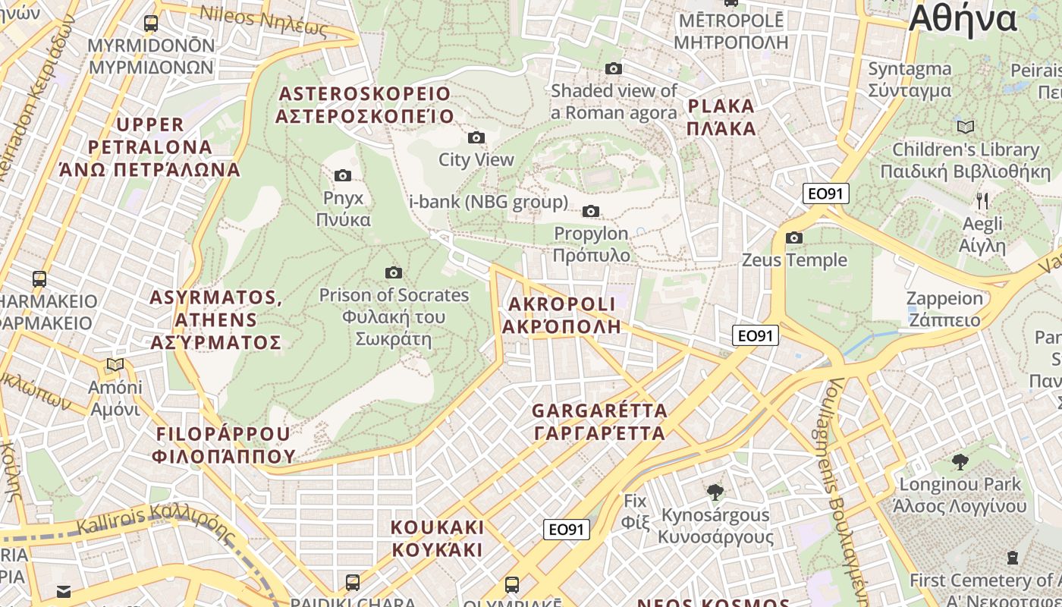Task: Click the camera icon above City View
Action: [x=476, y=137]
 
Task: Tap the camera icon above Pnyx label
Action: [x=343, y=175]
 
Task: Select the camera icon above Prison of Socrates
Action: [x=393, y=272]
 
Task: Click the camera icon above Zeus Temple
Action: [x=794, y=237]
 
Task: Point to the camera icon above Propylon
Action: [x=591, y=211]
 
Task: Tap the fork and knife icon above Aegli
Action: [x=982, y=200]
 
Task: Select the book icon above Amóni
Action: [x=115, y=365]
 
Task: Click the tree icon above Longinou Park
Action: [x=960, y=461]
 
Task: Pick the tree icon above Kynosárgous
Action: [x=715, y=492]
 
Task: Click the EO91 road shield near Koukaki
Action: [x=567, y=530]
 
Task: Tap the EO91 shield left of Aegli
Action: [x=826, y=193]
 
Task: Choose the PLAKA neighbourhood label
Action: [x=721, y=117]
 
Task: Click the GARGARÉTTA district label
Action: [x=599, y=422]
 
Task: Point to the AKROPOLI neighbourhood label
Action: [x=561, y=315]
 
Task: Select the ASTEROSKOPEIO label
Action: [x=365, y=105]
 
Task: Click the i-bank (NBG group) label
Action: [x=489, y=202]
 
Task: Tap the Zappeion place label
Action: [x=944, y=308]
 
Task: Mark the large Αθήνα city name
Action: [x=962, y=18]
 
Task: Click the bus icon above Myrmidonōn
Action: [x=151, y=24]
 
